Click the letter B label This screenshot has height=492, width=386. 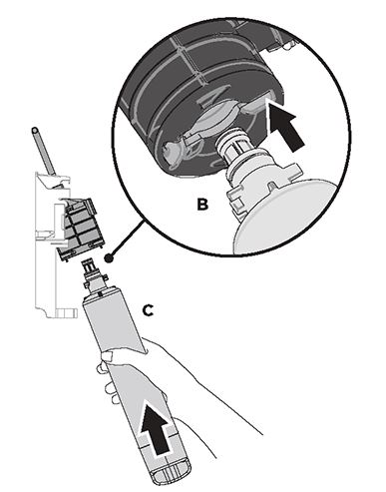(x=202, y=205)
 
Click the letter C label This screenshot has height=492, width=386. (x=148, y=310)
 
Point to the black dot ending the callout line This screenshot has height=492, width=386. (x=109, y=257)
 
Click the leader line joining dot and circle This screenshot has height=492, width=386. (x=128, y=238)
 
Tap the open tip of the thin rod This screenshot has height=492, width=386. (x=35, y=130)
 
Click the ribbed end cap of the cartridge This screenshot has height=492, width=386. (x=171, y=471)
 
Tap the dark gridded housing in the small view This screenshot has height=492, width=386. (x=80, y=227)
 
